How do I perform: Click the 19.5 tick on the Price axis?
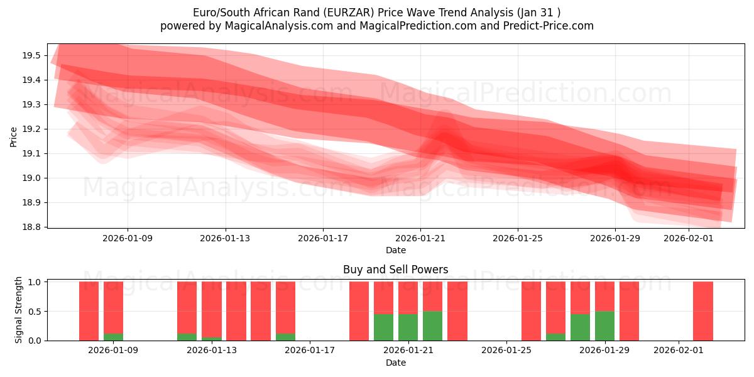coord(32,55)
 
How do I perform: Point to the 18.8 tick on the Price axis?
coord(32,227)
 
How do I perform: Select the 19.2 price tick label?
coord(32,129)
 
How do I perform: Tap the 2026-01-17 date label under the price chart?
coord(323,238)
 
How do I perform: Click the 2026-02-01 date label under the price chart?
coord(689,238)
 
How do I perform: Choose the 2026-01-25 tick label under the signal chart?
coord(506,351)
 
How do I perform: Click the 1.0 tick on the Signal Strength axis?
coord(35,282)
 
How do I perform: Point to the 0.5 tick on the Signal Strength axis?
coord(35,312)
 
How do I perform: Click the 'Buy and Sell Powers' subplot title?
coord(395,270)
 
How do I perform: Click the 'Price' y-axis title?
coord(14,136)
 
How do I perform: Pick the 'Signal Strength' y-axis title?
coord(19,310)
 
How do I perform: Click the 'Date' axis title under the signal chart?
coord(395,363)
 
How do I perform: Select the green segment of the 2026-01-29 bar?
coord(604,325)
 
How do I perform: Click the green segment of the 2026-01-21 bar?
coord(408,327)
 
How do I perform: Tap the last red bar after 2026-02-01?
coord(702,311)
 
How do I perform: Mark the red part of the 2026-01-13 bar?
coord(212,308)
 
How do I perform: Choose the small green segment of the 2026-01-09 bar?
coord(113,337)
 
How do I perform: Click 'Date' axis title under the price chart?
coord(395,250)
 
